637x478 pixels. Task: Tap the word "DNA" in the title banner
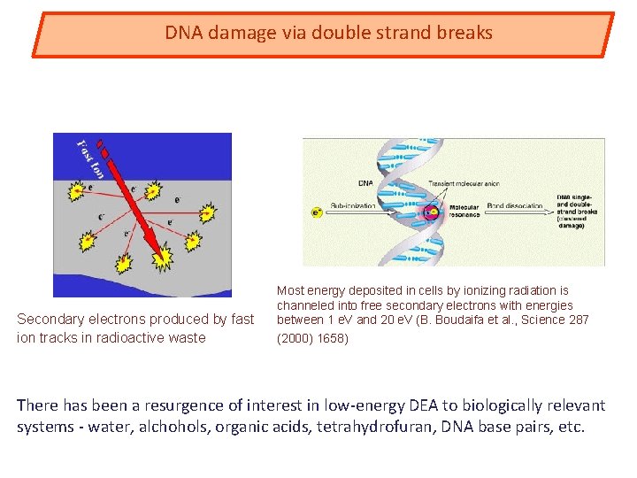[x=184, y=34]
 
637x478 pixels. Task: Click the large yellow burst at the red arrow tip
[x=162, y=257]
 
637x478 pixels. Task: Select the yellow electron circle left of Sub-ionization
[x=315, y=212]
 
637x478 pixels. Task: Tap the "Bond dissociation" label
[x=514, y=205]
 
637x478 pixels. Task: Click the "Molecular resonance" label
[x=464, y=211]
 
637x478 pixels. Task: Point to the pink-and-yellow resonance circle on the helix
[x=431, y=212]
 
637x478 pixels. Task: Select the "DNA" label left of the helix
[x=365, y=183]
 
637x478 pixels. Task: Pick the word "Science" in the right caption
[x=542, y=320]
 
